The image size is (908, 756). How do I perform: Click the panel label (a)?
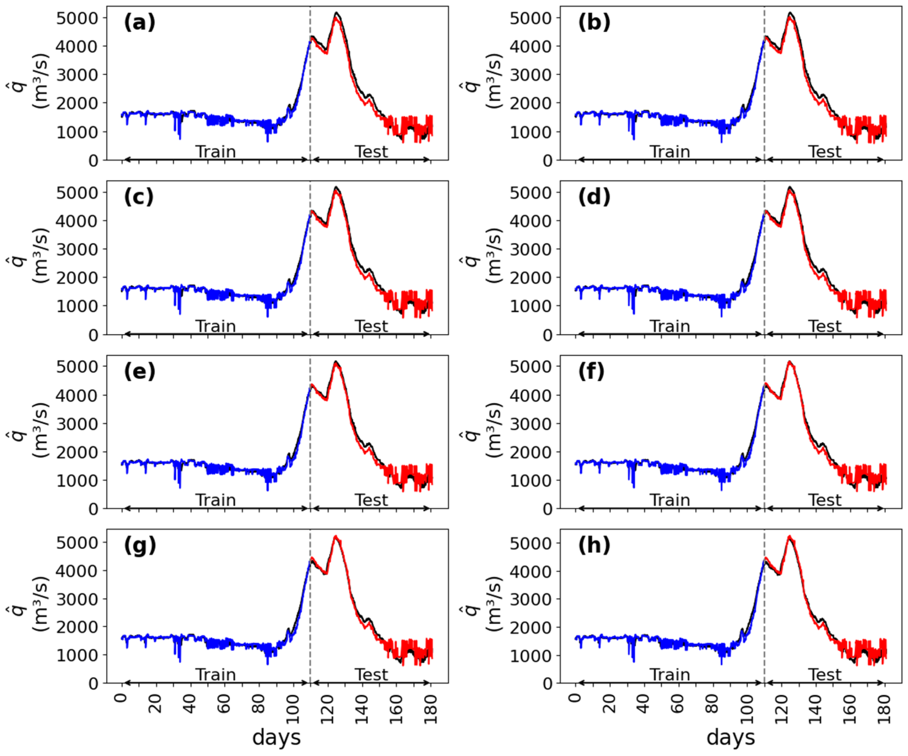(139, 22)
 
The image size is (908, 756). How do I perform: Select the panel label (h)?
(594, 546)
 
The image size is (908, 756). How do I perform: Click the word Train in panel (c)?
(215, 326)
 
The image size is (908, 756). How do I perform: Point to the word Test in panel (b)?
(825, 152)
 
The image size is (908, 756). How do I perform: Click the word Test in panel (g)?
(371, 675)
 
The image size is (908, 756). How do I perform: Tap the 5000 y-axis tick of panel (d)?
(530, 193)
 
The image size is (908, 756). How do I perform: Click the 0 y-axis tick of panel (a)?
(93, 161)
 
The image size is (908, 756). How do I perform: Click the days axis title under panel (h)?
(730, 737)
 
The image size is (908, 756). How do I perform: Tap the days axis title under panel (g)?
(276, 737)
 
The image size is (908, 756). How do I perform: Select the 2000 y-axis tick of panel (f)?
(530, 452)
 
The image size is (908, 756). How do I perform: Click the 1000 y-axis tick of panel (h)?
(530, 656)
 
